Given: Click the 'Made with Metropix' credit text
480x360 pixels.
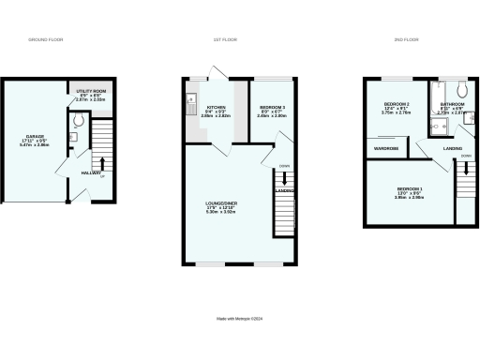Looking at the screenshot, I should pos(239,319).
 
